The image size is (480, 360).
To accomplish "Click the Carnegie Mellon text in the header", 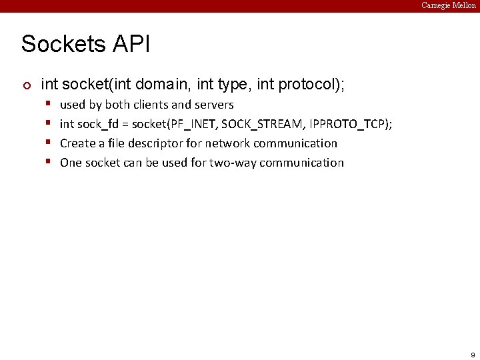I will (x=449, y=5).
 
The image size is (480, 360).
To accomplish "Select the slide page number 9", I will (x=473, y=355).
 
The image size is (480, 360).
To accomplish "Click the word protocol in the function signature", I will (x=305, y=85).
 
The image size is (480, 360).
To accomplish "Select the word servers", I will (x=214, y=105).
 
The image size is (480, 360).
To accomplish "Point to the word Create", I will (x=77, y=143).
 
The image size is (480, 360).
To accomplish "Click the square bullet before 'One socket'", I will (x=49, y=162).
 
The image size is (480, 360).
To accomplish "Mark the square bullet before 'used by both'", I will (x=49, y=104).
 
